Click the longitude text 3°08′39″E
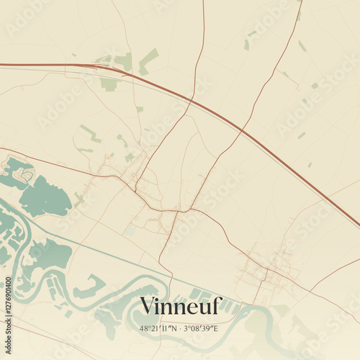tap(202, 328)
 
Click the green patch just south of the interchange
tap(109, 84)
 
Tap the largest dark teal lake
tap(45, 198)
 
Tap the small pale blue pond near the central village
tap(130, 230)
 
